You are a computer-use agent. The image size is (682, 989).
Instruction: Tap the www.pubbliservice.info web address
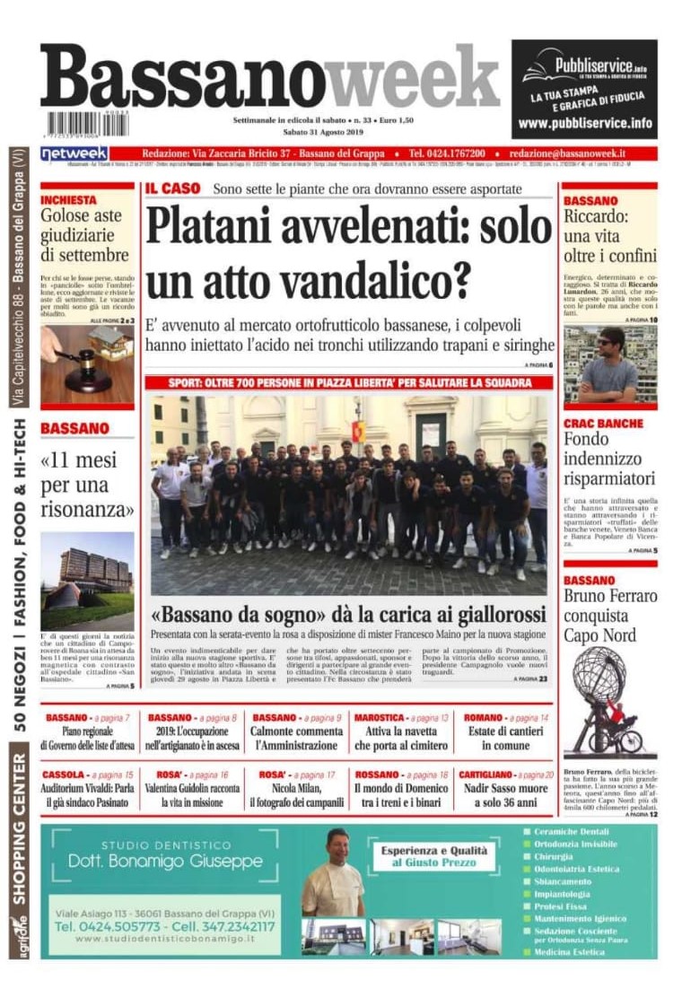click(x=584, y=124)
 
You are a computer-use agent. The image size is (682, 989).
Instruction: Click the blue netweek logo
click(x=74, y=154)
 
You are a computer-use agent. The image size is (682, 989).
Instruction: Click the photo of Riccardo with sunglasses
click(x=609, y=363)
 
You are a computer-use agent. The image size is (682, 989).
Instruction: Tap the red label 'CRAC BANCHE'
click(x=603, y=424)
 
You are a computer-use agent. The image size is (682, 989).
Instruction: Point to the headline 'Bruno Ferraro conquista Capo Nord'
click(x=610, y=616)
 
